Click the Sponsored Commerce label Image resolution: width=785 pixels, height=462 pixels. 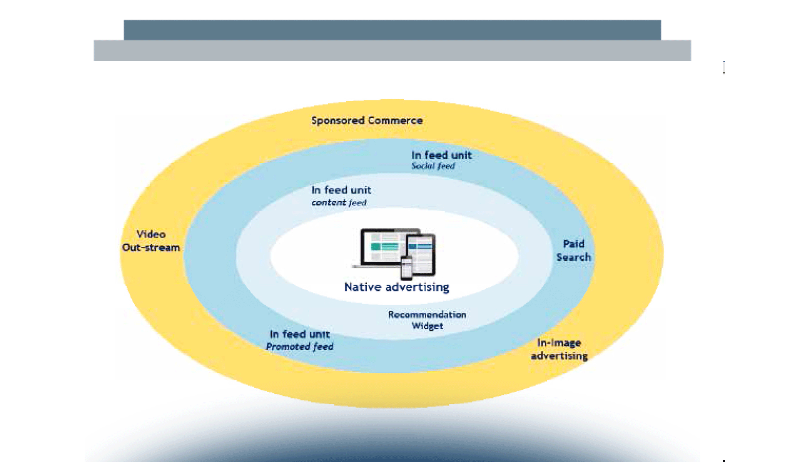[x=367, y=121]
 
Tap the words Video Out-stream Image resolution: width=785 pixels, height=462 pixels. [x=151, y=241]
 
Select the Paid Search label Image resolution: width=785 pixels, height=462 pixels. [x=573, y=250]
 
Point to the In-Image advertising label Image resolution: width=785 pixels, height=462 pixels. [x=559, y=349]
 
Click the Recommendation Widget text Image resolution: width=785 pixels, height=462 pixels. [x=427, y=320]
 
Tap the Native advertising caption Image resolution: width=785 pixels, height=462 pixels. [x=396, y=287]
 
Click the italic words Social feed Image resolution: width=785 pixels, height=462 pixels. [x=433, y=166]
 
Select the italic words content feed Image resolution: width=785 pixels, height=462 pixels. [x=339, y=203]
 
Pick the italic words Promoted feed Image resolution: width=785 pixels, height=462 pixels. [x=299, y=346]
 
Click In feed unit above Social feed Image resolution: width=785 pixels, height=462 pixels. [x=441, y=155]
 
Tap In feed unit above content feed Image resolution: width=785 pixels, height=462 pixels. [x=341, y=190]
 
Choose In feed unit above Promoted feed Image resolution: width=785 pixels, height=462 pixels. [x=299, y=334]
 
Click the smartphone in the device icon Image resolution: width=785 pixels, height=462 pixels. [x=406, y=268]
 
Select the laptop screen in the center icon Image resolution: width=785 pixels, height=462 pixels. [x=381, y=246]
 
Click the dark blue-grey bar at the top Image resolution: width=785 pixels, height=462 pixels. [x=392, y=30]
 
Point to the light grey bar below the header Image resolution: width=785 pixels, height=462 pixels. [x=392, y=51]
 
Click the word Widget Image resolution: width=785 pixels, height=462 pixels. [x=427, y=326]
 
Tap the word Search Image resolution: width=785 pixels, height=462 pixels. [x=573, y=257]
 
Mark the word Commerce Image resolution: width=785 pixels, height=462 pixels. [x=395, y=121]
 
